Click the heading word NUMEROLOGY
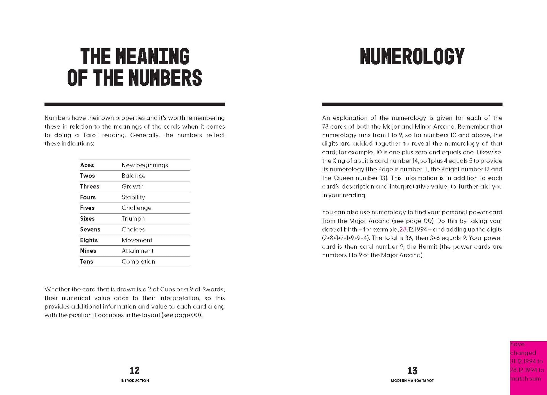click(x=412, y=56)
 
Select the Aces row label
click(x=87, y=165)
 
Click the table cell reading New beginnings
click(x=144, y=165)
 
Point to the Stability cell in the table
click(x=133, y=197)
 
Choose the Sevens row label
click(x=90, y=230)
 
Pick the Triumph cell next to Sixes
click(x=133, y=219)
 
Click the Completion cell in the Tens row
click(x=138, y=262)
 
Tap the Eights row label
click(x=89, y=240)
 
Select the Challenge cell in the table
click(x=136, y=208)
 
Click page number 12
click(x=135, y=371)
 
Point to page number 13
click(x=412, y=371)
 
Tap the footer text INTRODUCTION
click(x=135, y=381)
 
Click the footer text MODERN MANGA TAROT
click(x=412, y=381)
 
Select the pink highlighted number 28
click(x=403, y=230)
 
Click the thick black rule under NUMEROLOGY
click(x=412, y=104)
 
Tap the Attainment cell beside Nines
click(x=137, y=251)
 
